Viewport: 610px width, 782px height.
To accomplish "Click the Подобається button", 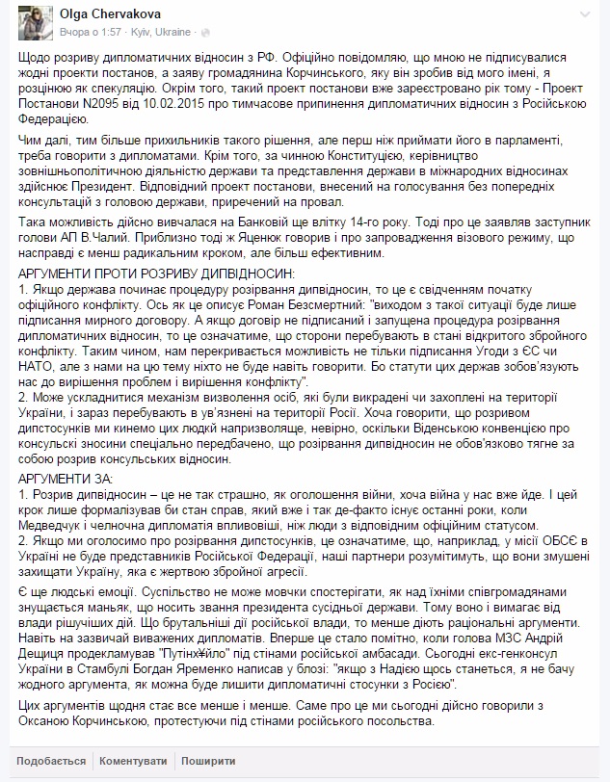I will pos(43,758).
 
